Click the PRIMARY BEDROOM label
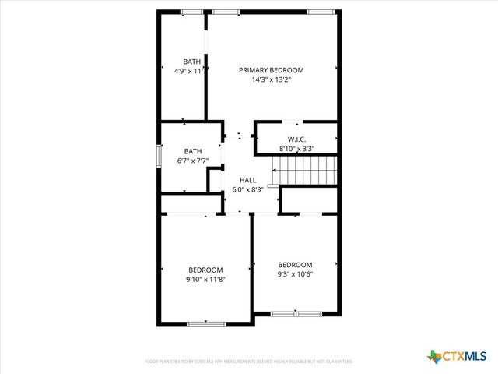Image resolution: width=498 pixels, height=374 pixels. click(271, 70)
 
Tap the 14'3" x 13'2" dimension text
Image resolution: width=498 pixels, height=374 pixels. click(271, 79)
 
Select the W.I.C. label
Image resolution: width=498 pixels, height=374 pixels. click(296, 139)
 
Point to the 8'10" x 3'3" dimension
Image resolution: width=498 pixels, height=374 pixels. click(296, 148)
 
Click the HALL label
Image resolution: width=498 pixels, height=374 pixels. click(247, 180)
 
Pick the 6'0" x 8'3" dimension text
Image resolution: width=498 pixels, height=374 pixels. click(247, 189)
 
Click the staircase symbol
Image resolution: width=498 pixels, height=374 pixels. click(304, 168)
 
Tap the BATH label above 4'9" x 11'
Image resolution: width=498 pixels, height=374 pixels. click(191, 62)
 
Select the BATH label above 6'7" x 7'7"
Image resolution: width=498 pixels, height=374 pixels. click(193, 151)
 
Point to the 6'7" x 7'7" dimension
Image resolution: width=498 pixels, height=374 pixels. click(193, 161)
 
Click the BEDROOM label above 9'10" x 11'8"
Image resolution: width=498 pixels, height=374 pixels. click(205, 270)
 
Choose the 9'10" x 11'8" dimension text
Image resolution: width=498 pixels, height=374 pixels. click(205, 279)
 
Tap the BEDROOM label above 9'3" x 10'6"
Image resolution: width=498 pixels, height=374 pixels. click(295, 264)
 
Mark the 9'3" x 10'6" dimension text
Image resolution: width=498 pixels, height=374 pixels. click(295, 273)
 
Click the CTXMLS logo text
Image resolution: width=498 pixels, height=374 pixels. click(465, 357)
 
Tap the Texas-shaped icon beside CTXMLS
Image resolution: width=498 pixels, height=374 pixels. click(434, 356)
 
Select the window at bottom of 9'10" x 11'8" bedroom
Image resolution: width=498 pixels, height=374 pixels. click(206, 323)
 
